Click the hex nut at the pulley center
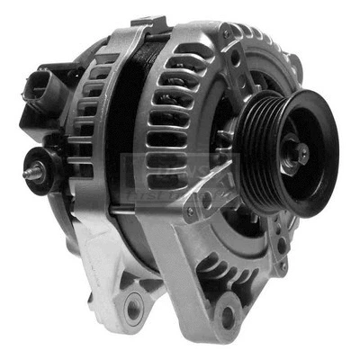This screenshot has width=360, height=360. coord(301,154)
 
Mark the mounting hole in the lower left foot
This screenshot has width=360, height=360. coord(134,310)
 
